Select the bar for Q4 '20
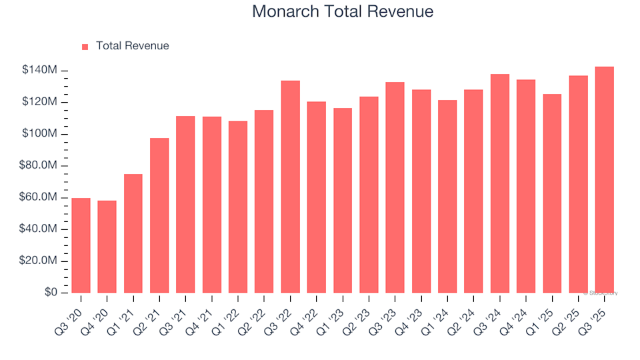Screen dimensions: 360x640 pos(107,247)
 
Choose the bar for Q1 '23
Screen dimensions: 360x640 pos(343,200)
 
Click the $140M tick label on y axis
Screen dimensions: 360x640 pos(41,71)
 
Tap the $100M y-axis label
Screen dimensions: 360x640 pos(41,134)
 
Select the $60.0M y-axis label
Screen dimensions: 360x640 pos(39,197)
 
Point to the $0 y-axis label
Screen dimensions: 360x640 pos(50,293)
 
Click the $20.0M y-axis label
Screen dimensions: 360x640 pos(39,261)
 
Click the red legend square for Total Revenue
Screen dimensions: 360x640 pos(85,47)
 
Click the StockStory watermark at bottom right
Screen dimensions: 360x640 pos(601,293)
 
